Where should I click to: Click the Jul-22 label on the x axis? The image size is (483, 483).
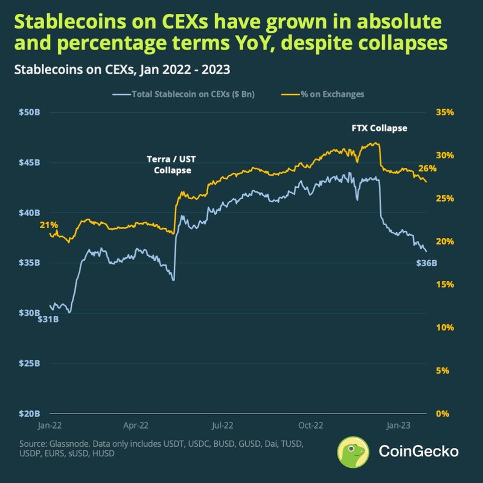[223, 425]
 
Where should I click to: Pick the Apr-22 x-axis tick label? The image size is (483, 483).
[136, 425]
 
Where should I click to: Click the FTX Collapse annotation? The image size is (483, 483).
[379, 129]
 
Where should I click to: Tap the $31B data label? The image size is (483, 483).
[48, 319]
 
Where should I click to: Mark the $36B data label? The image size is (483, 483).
[426, 263]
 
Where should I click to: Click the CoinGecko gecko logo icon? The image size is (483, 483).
[353, 451]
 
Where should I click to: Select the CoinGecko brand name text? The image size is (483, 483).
[418, 451]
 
